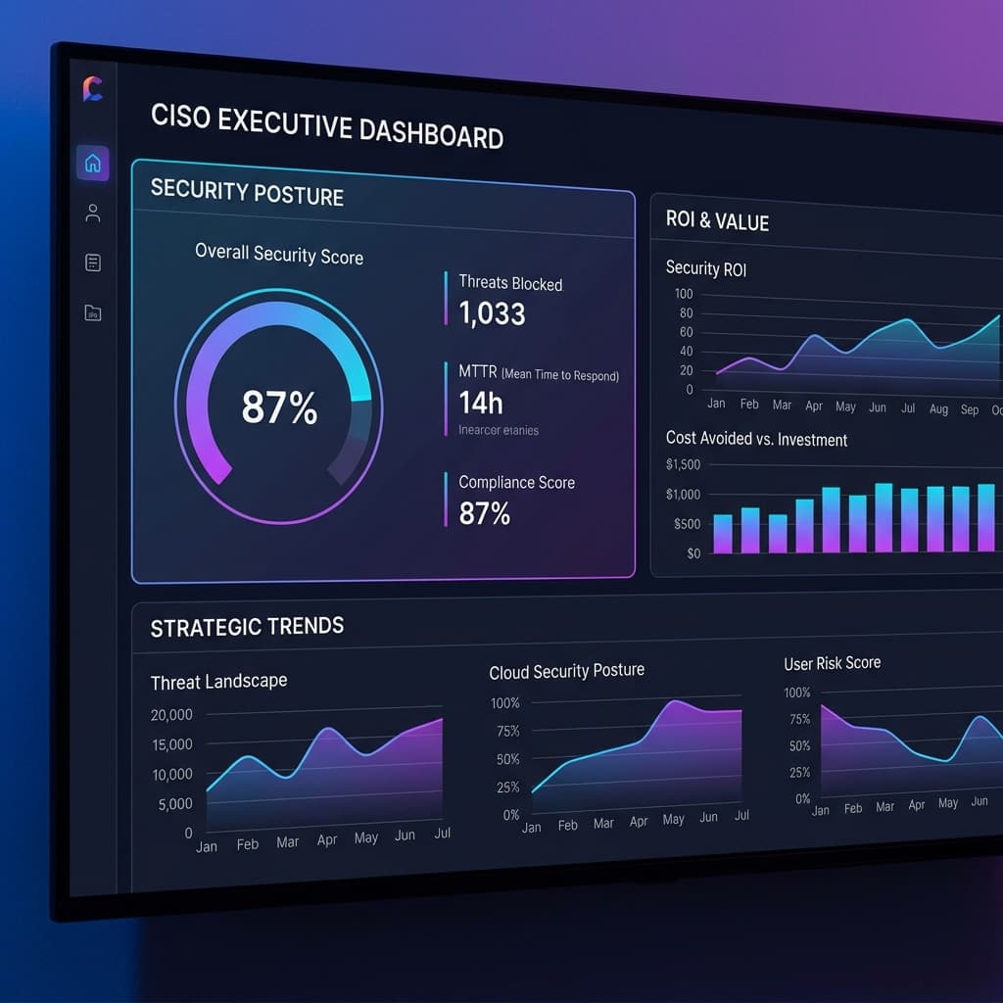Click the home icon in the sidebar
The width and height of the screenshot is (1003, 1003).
pyautogui.click(x=93, y=164)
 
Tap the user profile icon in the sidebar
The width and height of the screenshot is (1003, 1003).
pyautogui.click(x=93, y=214)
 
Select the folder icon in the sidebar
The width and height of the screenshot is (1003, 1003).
pyautogui.click(x=93, y=313)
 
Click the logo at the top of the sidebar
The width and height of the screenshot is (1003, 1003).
pyautogui.click(x=93, y=89)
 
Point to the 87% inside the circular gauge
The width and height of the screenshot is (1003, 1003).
pyautogui.click(x=279, y=407)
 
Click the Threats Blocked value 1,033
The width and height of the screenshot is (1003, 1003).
pyautogui.click(x=492, y=313)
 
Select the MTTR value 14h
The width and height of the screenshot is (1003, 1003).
pyautogui.click(x=481, y=402)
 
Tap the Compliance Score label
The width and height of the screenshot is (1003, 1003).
pyautogui.click(x=516, y=482)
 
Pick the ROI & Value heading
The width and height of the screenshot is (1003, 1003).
pyautogui.click(x=717, y=220)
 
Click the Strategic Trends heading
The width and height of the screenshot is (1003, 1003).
pyautogui.click(x=247, y=627)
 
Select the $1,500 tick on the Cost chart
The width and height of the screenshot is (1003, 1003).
pyautogui.click(x=683, y=464)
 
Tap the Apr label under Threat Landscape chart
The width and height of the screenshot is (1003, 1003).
pyautogui.click(x=326, y=839)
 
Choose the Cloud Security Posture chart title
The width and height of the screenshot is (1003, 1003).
pyautogui.click(x=566, y=671)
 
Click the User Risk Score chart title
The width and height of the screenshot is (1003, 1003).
pyautogui.click(x=832, y=663)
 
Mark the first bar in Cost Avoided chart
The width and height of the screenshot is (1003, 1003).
pyautogui.click(x=723, y=534)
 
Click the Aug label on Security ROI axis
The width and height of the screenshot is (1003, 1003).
pyautogui.click(x=938, y=408)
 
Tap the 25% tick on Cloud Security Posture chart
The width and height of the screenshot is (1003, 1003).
pyautogui.click(x=507, y=788)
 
